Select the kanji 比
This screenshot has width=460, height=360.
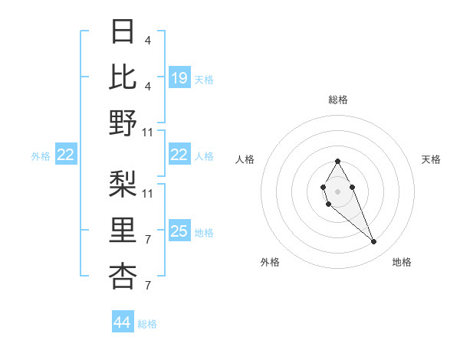pyautogui.click(x=123, y=77)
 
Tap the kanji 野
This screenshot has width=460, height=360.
pyautogui.click(x=123, y=123)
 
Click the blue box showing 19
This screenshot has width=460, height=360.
pyautogui.click(x=179, y=77)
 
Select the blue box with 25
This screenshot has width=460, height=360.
pyautogui.click(x=179, y=231)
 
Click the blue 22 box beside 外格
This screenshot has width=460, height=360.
pyautogui.click(x=66, y=155)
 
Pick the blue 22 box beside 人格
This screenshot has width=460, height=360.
pyautogui.click(x=179, y=155)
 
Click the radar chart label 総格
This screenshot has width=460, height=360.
pyautogui.click(x=338, y=100)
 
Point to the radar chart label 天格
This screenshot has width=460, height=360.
pyautogui.click(x=432, y=159)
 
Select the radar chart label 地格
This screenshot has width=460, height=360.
pyautogui.click(x=402, y=262)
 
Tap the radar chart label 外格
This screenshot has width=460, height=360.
pyautogui.click(x=270, y=262)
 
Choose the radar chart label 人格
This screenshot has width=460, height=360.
pyautogui.click(x=245, y=159)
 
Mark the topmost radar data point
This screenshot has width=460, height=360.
pyautogui.click(x=337, y=161)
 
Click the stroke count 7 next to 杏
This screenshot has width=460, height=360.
pyautogui.click(x=147, y=286)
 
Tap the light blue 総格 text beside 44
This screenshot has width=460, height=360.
pyautogui.click(x=147, y=324)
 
